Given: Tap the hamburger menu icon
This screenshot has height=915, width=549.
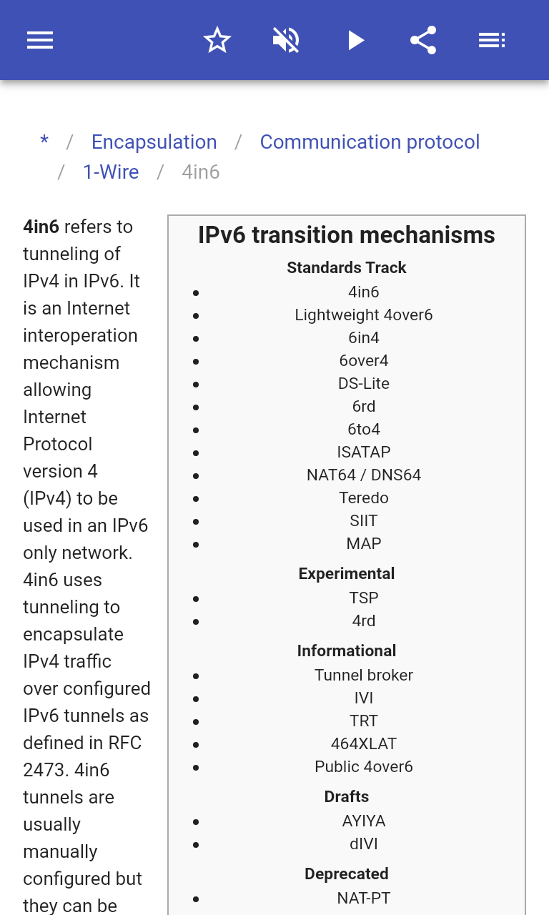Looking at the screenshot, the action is (x=40, y=40).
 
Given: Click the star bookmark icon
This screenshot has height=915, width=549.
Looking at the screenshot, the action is (x=217, y=40).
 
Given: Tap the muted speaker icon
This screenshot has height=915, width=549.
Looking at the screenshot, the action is (x=286, y=40).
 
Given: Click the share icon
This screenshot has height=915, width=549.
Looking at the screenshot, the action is (x=424, y=40).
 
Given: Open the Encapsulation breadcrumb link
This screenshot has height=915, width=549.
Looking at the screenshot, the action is (x=154, y=142).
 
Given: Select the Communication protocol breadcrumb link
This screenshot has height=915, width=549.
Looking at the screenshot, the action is (x=370, y=142).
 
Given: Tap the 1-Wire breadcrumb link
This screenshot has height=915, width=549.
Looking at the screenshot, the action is (x=111, y=172).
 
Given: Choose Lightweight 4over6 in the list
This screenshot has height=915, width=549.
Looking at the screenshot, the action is (x=364, y=315).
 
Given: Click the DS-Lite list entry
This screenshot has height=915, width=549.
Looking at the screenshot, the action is (x=364, y=384).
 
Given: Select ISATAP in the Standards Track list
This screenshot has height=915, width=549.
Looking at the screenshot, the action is (x=364, y=452).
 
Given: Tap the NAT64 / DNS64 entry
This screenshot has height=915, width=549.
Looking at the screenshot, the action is (x=364, y=475).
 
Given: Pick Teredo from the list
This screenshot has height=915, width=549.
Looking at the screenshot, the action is (x=364, y=498).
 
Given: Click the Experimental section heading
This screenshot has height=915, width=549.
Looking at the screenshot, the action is (x=347, y=573).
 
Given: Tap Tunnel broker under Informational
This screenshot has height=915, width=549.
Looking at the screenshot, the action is (x=364, y=676).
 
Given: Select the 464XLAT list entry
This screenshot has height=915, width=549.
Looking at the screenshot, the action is (x=364, y=744).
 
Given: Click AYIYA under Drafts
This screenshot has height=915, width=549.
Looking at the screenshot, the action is (x=364, y=821).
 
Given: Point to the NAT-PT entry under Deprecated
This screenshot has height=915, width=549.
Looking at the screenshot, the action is (x=364, y=899).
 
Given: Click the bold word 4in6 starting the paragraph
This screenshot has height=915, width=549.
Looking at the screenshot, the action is (x=41, y=227).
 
